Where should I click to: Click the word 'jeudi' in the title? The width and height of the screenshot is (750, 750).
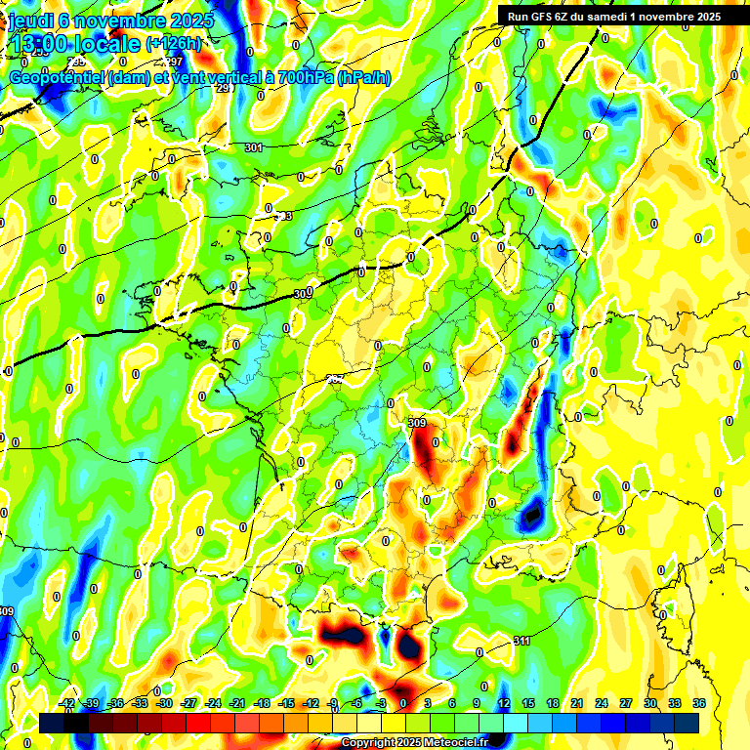click(32, 21)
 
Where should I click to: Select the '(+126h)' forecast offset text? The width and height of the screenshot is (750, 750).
click(174, 44)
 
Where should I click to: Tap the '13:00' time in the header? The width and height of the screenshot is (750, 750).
click(39, 44)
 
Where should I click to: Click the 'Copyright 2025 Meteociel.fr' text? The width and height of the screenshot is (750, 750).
click(414, 743)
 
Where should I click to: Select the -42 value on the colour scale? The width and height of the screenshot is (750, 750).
click(67, 703)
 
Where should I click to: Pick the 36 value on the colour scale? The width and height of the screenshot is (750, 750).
click(699, 703)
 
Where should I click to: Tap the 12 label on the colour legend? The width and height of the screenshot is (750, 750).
click(504, 703)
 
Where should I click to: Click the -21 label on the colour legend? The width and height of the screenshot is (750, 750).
click(237, 703)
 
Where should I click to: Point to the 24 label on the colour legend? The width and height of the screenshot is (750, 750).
click(602, 703)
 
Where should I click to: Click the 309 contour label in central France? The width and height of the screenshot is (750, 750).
click(417, 423)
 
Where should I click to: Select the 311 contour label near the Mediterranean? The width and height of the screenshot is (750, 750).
click(522, 641)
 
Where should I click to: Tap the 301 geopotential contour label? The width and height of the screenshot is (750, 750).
click(254, 148)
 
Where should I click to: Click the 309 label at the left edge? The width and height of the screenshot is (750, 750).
click(7, 611)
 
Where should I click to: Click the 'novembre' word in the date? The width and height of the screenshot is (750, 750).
click(118, 21)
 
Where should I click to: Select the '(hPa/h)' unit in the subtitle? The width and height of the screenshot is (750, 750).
click(363, 77)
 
